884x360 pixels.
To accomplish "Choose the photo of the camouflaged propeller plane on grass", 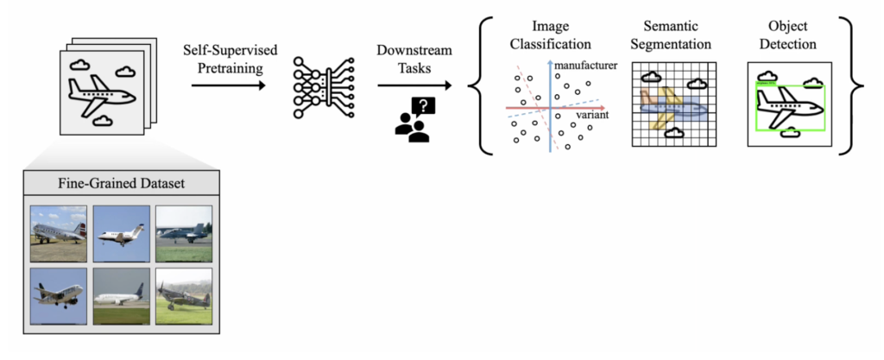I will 184,295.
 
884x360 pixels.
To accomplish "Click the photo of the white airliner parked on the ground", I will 121,295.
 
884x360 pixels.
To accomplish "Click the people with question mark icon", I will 414,119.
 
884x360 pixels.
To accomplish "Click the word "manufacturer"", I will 586,66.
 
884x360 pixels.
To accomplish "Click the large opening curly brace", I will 482,85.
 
